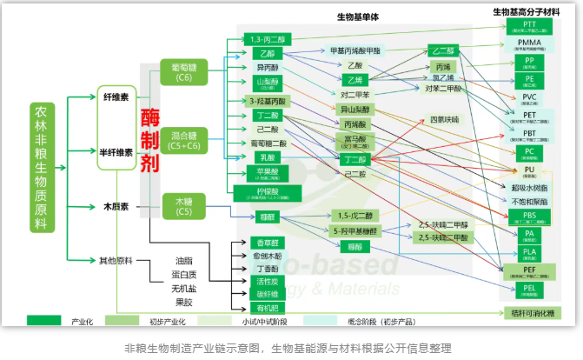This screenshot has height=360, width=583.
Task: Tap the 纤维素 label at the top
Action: pos(116,97)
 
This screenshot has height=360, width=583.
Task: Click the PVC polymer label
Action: pos(529,97)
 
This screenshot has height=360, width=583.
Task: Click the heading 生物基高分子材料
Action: pos(531,12)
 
